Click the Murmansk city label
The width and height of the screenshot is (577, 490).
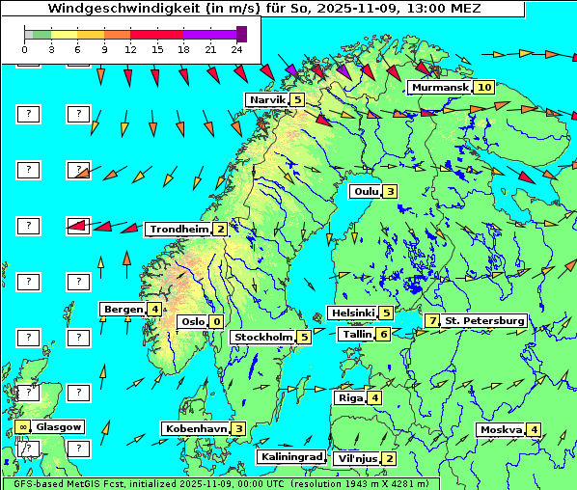click(x=439, y=88)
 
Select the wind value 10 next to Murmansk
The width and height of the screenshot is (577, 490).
click(x=483, y=88)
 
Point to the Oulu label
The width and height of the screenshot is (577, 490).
click(x=365, y=191)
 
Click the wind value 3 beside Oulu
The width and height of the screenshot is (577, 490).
click(x=390, y=191)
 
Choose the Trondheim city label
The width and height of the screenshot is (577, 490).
click(x=179, y=229)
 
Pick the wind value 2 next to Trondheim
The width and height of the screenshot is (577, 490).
click(x=221, y=229)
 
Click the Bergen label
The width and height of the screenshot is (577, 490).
click(x=123, y=309)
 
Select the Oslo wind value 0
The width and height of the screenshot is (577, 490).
click(x=216, y=321)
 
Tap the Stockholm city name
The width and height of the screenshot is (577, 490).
click(x=261, y=337)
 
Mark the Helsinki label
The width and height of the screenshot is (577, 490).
click(x=351, y=313)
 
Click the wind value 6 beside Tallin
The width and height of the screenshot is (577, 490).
click(x=384, y=334)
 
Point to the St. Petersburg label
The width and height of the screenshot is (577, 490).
click(x=484, y=320)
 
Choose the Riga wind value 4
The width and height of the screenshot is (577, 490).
click(x=374, y=397)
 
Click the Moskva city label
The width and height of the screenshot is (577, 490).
click(x=501, y=429)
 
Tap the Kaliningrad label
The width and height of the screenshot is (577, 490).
click(x=290, y=456)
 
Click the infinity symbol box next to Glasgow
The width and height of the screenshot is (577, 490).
click(x=21, y=426)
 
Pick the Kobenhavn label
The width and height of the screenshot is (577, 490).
click(x=196, y=428)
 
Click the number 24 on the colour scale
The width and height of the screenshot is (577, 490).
click(x=236, y=47)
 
